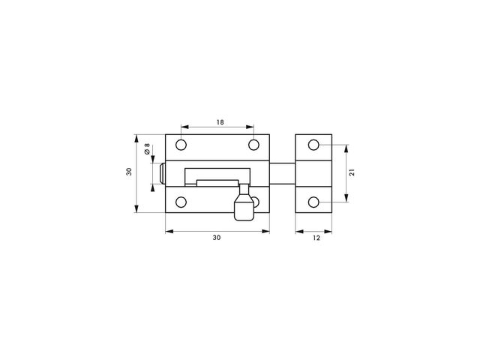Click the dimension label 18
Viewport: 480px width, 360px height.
point(220,122)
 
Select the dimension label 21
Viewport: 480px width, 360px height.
point(352,172)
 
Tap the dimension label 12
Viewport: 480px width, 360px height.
point(316,238)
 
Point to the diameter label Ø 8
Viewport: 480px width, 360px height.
point(147,148)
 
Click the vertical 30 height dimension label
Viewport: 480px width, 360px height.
point(129,172)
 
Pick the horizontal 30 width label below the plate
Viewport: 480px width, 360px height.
point(217,238)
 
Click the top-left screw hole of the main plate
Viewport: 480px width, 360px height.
point(181,145)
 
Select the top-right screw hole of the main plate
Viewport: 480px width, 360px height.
point(253,145)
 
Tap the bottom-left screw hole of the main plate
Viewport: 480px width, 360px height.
point(181,202)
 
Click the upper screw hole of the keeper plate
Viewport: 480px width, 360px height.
point(313,145)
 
